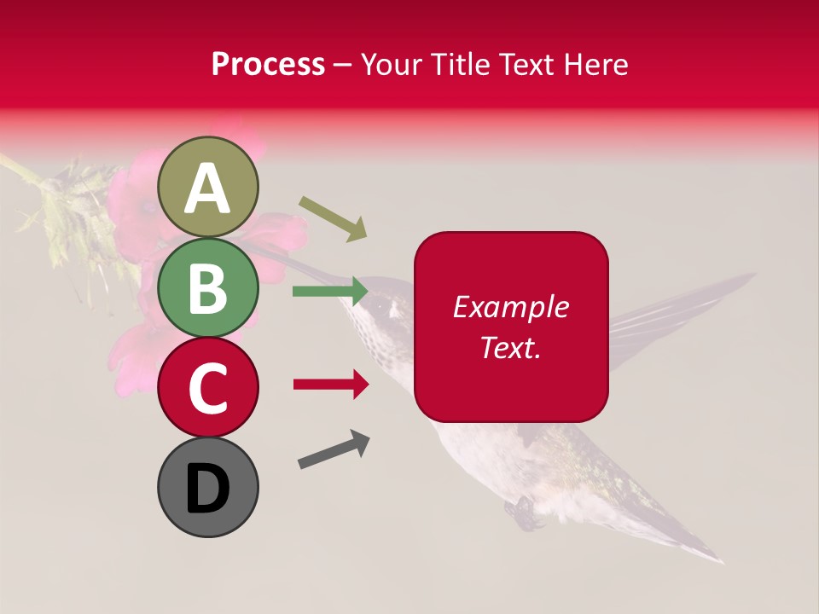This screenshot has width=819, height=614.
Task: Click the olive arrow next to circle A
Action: pos(333,218)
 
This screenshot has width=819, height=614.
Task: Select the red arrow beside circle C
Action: pos(331,385)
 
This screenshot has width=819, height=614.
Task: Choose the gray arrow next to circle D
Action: pos(334,449)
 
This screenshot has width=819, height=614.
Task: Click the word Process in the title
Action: pos(268,65)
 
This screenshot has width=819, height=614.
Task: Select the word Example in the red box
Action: pos(510,308)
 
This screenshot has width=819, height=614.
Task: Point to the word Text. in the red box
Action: pos(510,347)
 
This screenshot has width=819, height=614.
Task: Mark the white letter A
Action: pos(208,188)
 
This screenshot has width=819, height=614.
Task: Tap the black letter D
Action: pos(208,489)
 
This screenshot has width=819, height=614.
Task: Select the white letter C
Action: pos(208,388)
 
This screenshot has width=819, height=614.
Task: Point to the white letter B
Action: pos(208,288)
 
